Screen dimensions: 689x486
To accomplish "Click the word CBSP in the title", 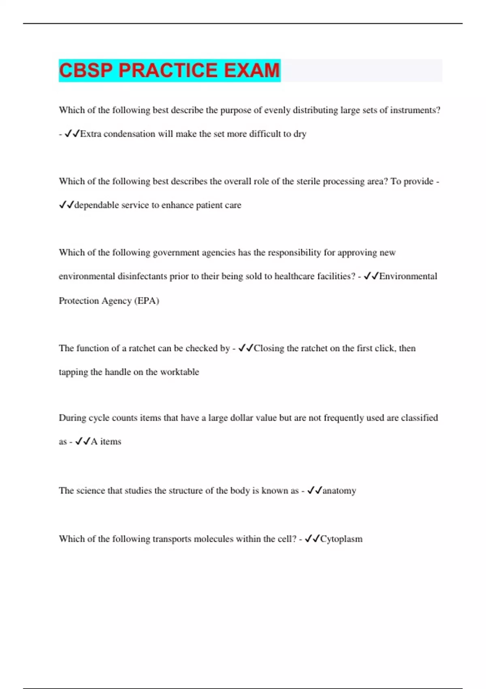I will [86, 71].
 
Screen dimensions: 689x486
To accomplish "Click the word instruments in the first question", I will [413, 110].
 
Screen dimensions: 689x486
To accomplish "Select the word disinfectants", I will [142, 276].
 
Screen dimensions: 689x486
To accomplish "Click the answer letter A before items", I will [94, 441].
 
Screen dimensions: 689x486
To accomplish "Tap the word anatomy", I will [339, 491].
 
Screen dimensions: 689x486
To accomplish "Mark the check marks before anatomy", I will [314, 491].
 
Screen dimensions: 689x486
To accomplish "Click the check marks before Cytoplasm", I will [312, 539].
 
